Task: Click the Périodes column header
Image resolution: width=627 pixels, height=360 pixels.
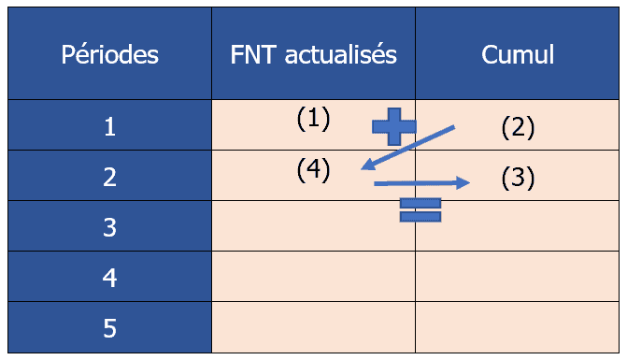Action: pyautogui.click(x=110, y=54)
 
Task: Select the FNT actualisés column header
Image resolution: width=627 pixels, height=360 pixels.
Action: pyautogui.click(x=313, y=54)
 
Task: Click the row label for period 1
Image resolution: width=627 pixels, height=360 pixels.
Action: pyautogui.click(x=110, y=126)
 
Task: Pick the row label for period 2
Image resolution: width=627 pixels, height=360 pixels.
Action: pyautogui.click(x=110, y=177)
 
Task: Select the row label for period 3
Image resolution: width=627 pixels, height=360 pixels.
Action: pyautogui.click(x=110, y=226)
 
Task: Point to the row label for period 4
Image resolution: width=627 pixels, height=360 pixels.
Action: pyautogui.click(x=110, y=277)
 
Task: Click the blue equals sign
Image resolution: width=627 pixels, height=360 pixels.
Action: pyautogui.click(x=420, y=210)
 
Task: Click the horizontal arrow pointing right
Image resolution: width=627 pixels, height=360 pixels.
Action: pyautogui.click(x=421, y=183)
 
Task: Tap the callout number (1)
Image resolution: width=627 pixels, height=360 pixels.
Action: pyautogui.click(x=314, y=118)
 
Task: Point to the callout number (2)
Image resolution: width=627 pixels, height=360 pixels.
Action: pyautogui.click(x=517, y=126)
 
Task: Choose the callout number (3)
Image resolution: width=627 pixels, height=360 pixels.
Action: pyautogui.click(x=517, y=177)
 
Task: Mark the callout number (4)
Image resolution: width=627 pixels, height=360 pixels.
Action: pyautogui.click(x=314, y=170)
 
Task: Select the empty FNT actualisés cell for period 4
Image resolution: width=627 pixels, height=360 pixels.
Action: pyautogui.click(x=313, y=277)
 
